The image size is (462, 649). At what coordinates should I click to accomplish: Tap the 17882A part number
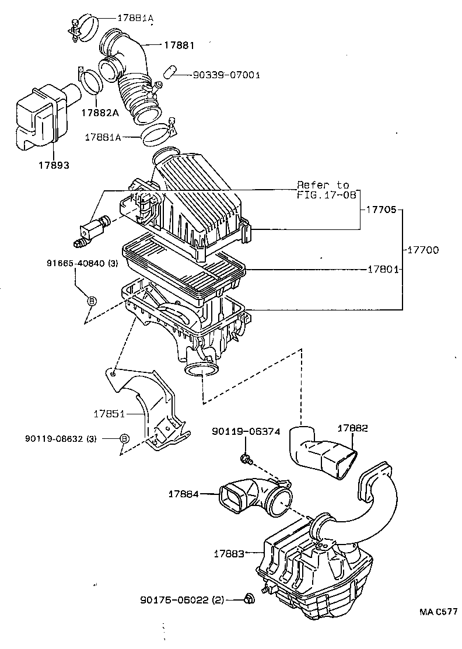coord(99,112)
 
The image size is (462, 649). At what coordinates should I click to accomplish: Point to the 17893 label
coord(55,165)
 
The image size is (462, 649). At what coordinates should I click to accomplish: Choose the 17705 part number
coord(383,208)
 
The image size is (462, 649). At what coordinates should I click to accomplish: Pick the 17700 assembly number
coord(423,250)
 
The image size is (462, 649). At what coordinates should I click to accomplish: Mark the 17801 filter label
coord(383,269)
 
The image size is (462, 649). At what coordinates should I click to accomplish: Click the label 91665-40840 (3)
coord(83,263)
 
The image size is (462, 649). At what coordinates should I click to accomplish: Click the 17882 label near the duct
coord(352,428)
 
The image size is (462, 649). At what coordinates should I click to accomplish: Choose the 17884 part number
coord(184,494)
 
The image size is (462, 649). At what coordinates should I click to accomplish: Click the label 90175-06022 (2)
coord(182,599)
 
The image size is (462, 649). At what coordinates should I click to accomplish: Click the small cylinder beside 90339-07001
coord(169,73)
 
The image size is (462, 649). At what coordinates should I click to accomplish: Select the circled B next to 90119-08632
coord(124,439)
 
